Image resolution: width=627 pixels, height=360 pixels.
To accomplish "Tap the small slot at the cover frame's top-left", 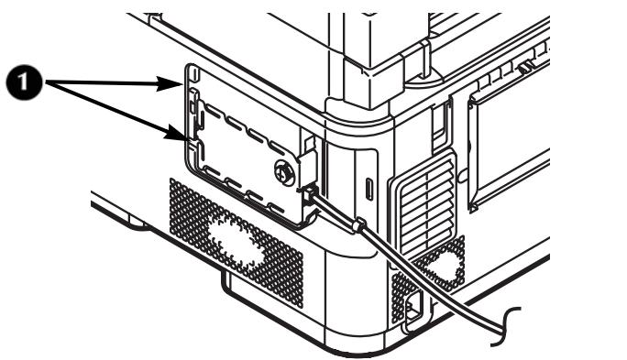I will pyautogui.click(x=193, y=76).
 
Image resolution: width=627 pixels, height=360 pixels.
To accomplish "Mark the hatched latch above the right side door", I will pyautogui.click(x=526, y=66).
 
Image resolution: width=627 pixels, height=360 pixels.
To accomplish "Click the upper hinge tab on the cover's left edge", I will pyautogui.click(x=192, y=105).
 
